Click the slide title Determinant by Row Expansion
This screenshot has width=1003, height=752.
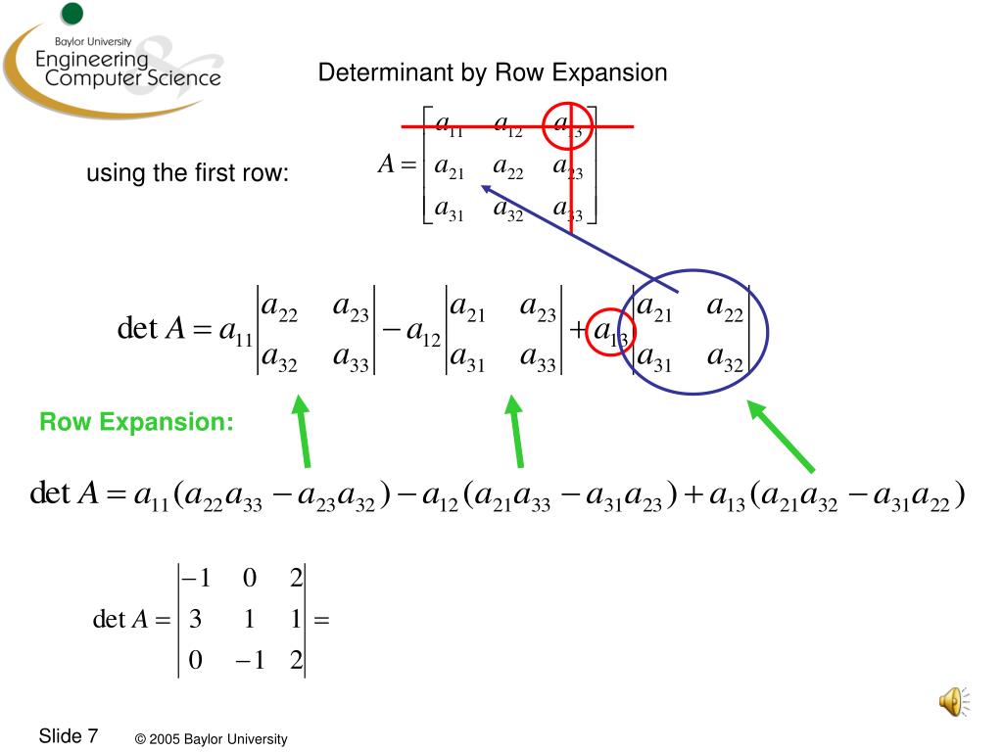point(492,72)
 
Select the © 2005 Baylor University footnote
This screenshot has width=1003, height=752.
point(212,739)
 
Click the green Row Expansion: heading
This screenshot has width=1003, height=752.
point(136,423)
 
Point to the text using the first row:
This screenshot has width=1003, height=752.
point(188,174)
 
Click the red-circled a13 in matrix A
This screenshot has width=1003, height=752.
point(568,126)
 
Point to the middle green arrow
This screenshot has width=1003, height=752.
point(514,430)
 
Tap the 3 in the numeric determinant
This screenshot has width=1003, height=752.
point(195,620)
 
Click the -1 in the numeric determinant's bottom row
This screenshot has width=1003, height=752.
point(249,661)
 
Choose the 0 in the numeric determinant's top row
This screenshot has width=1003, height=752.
point(249,579)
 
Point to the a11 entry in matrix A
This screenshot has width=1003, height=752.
point(450,125)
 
